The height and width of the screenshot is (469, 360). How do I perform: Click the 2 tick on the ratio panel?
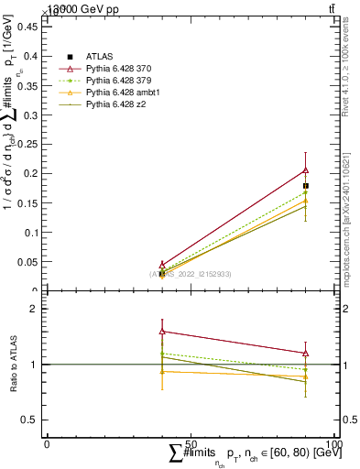pyautogui.click(x=35, y=310)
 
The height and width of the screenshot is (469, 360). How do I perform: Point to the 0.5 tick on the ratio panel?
pyautogui.click(x=31, y=420)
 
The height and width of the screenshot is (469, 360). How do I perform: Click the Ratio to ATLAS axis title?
pyautogui.click(x=14, y=365)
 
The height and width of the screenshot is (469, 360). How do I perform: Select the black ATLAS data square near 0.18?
pyautogui.click(x=306, y=186)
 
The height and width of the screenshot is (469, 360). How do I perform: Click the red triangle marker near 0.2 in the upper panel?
pyautogui.click(x=306, y=169)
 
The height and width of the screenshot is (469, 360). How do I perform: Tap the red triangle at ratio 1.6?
pyautogui.click(x=162, y=331)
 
